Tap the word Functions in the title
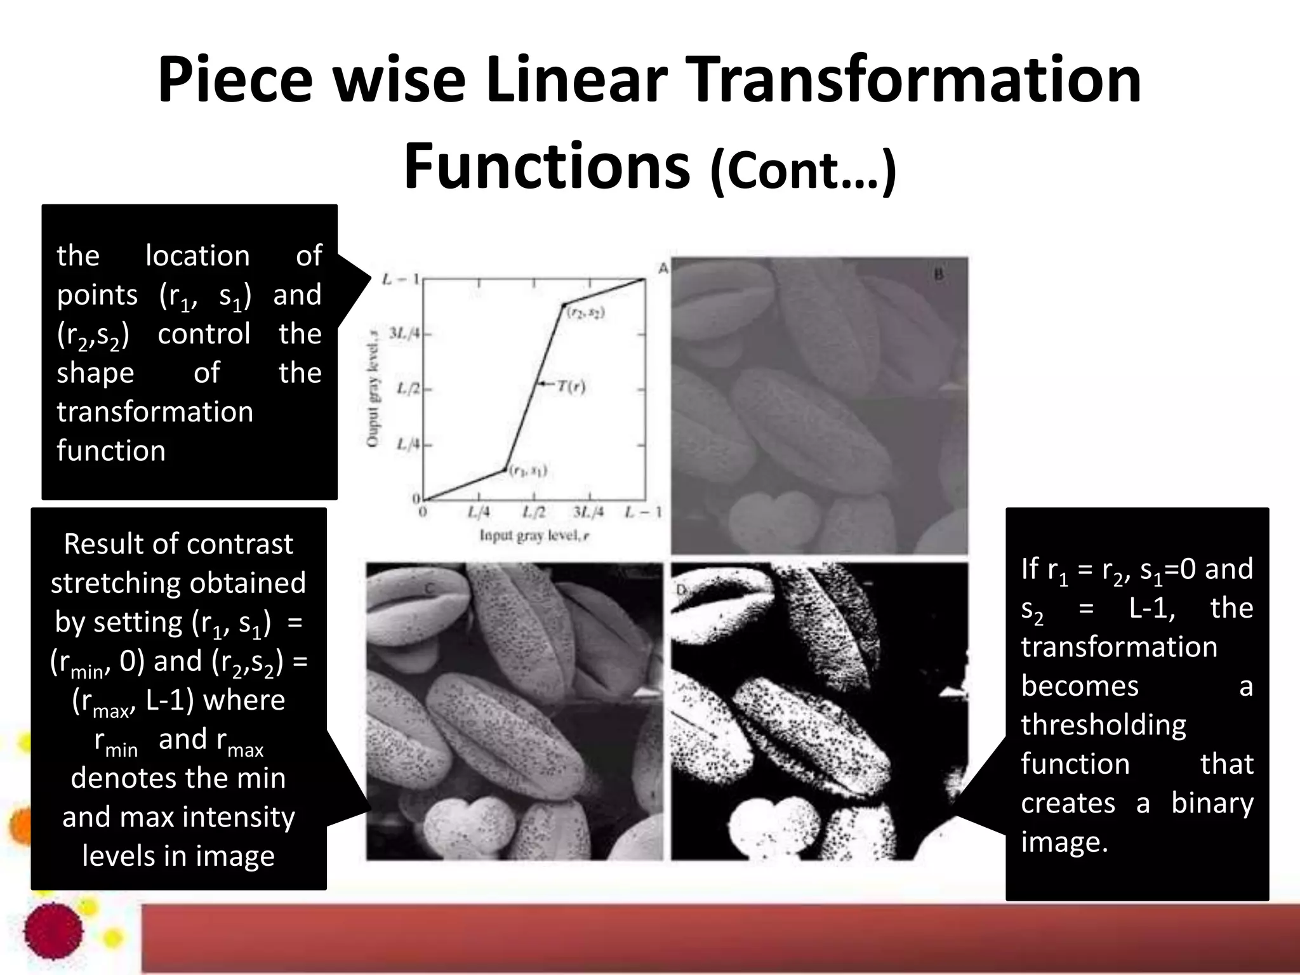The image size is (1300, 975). pyautogui.click(x=547, y=166)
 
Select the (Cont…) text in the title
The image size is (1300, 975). pyautogui.click(x=803, y=169)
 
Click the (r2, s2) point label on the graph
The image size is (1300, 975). pyautogui.click(x=586, y=312)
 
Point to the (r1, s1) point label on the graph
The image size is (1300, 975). pyautogui.click(x=529, y=470)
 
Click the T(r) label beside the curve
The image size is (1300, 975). pyautogui.click(x=571, y=386)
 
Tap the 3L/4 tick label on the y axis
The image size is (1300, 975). pyautogui.click(x=404, y=333)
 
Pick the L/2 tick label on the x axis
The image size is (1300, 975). pyautogui.click(x=534, y=512)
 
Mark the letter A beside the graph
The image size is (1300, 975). pyautogui.click(x=663, y=269)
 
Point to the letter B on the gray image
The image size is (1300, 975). pyautogui.click(x=939, y=274)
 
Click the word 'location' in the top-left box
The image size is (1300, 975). pyautogui.click(x=197, y=256)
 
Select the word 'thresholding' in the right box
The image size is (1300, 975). pyautogui.click(x=1103, y=725)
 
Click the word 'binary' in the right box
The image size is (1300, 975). pyautogui.click(x=1212, y=803)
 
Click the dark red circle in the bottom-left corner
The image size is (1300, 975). pyautogui.click(x=53, y=931)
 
